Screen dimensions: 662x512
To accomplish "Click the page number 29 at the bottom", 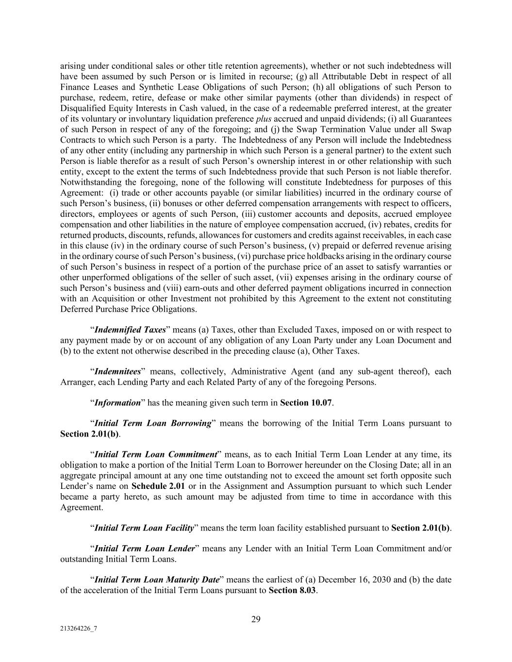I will pyautogui.click(x=256, y=619).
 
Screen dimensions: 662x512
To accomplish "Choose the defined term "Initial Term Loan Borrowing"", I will pyautogui.click(x=153, y=423).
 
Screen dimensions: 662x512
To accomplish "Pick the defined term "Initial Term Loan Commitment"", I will pyautogui.click(x=155, y=454).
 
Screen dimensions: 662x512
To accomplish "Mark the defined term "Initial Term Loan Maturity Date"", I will pyautogui.click(x=157, y=580).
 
